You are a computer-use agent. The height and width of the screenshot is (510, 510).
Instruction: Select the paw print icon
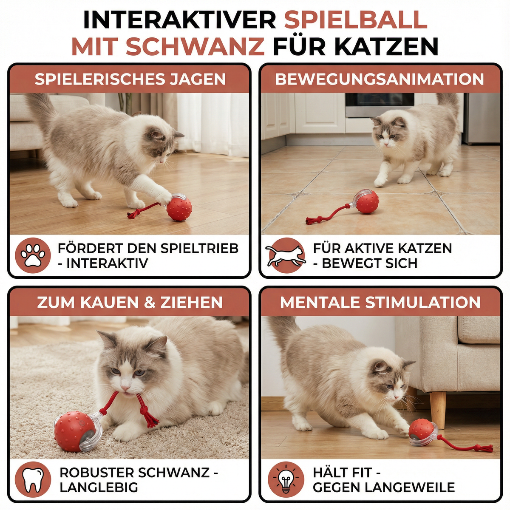coord(33,255)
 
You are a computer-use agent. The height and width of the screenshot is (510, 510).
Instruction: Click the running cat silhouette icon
coord(286,255)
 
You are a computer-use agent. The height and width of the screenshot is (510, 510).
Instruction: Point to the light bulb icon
coord(286,479)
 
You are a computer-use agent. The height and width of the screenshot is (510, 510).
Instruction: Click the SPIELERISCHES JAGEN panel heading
coord(130,79)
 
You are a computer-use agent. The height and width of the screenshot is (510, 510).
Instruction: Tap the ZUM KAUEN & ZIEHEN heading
coord(130,303)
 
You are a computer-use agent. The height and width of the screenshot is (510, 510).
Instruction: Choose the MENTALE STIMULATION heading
coord(380,303)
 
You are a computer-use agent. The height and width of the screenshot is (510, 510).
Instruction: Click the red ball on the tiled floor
coord(366,202)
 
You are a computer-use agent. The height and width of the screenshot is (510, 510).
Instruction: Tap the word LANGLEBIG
coord(99,487)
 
